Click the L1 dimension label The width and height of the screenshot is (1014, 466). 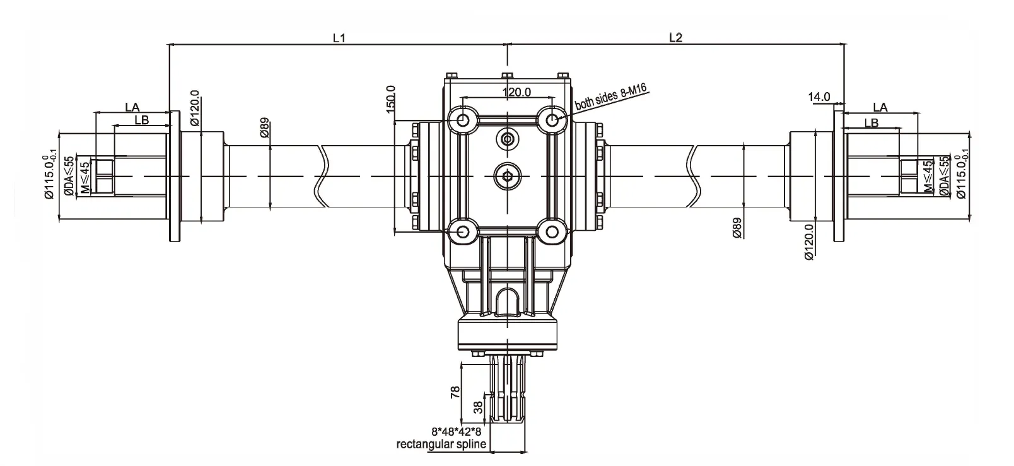339,38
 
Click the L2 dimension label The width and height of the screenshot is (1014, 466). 675,38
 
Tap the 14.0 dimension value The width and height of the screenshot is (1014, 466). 820,97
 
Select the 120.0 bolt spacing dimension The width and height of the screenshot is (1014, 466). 516,92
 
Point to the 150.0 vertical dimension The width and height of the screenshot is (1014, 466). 390,98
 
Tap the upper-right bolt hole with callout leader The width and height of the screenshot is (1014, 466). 553,119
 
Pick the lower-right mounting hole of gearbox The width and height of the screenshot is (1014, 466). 553,232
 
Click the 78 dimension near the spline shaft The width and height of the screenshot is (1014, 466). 455,393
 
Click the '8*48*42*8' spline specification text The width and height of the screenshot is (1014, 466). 456,432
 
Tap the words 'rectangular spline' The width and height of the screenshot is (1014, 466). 441,444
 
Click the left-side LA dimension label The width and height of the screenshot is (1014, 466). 132,107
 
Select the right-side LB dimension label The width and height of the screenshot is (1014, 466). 872,123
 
